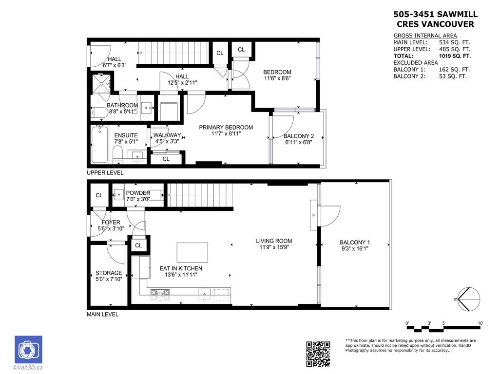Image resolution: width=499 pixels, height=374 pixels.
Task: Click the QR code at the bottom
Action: (x=318, y=354)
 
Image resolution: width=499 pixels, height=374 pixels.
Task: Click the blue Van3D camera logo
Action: (x=28, y=350)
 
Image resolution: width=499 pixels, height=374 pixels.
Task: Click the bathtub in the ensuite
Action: (x=99, y=145)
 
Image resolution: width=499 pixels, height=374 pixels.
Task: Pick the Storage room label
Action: (x=109, y=273)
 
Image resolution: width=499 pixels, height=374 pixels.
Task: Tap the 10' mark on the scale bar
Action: (x=480, y=323)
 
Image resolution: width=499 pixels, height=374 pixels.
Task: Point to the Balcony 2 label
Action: (x=299, y=136)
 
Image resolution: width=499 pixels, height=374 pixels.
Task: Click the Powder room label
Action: (x=138, y=193)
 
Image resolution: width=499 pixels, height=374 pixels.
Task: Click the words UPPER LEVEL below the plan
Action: (x=105, y=173)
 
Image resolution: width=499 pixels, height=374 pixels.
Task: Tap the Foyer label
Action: (x=111, y=222)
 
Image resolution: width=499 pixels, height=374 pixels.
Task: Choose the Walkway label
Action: (x=167, y=135)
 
